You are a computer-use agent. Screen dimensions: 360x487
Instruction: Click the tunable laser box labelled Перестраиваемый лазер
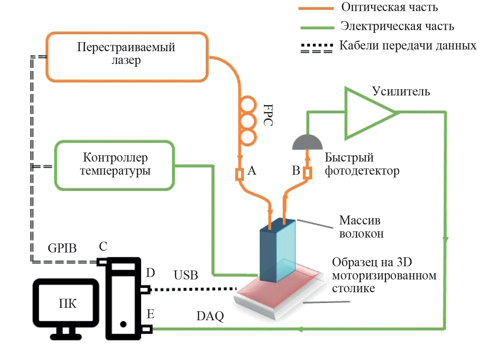[x=127, y=57]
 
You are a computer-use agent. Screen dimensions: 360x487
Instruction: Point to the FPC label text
[x=268, y=115]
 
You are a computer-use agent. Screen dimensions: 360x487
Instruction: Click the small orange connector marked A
[x=239, y=174]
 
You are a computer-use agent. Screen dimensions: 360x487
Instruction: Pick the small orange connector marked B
[x=307, y=173]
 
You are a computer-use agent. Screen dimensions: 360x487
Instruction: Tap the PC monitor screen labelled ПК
[x=66, y=303]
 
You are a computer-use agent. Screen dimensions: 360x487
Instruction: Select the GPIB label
[x=62, y=248]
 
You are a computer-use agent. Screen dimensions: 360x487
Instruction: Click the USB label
[x=186, y=275]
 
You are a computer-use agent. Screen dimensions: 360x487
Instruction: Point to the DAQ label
[x=210, y=316]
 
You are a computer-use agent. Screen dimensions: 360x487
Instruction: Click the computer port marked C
[x=102, y=262]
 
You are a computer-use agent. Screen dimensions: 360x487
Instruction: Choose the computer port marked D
[x=145, y=289]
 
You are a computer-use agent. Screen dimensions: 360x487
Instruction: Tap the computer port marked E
[x=147, y=329]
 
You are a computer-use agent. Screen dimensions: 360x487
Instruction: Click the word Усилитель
[x=401, y=91]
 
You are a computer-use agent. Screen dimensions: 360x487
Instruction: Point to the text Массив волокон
[x=360, y=227]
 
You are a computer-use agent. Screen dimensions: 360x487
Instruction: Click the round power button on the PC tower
[x=123, y=324]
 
